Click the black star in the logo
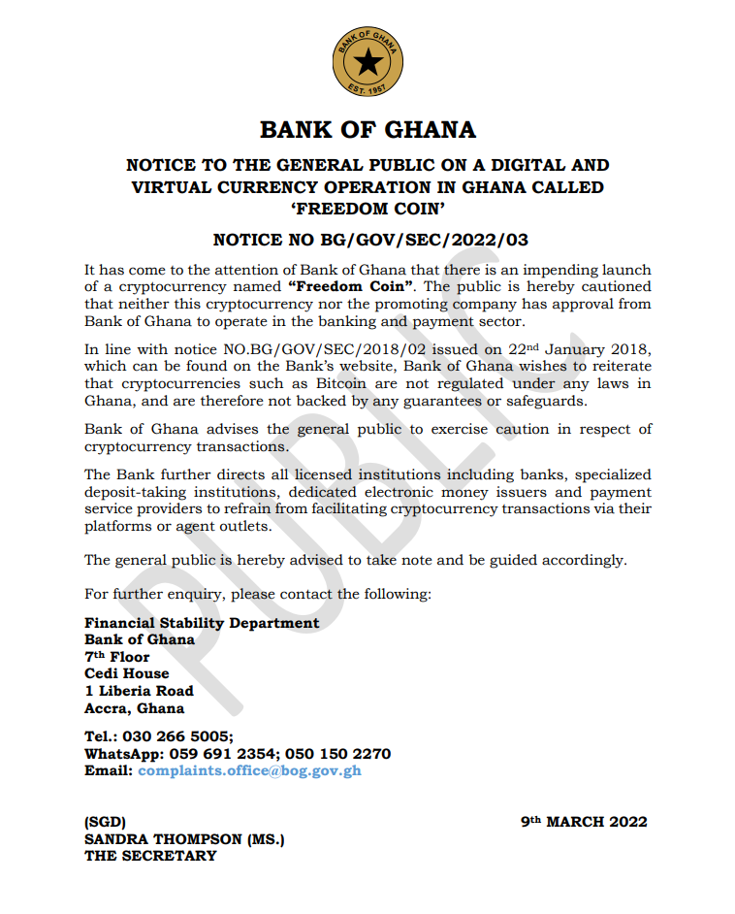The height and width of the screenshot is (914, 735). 367,64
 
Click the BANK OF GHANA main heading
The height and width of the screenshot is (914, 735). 367,130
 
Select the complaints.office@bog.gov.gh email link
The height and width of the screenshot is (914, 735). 249,770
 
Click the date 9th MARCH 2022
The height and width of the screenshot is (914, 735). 584,822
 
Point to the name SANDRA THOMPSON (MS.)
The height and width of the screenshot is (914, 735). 184,838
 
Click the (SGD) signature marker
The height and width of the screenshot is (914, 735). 105,822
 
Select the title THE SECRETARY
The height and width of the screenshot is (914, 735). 150,856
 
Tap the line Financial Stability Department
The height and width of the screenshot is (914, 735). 202,623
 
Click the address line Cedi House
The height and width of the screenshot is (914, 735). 127,673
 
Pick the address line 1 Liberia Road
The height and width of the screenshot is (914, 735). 139,691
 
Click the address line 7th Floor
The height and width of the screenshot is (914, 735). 117,657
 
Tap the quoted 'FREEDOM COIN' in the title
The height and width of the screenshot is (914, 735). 367,208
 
